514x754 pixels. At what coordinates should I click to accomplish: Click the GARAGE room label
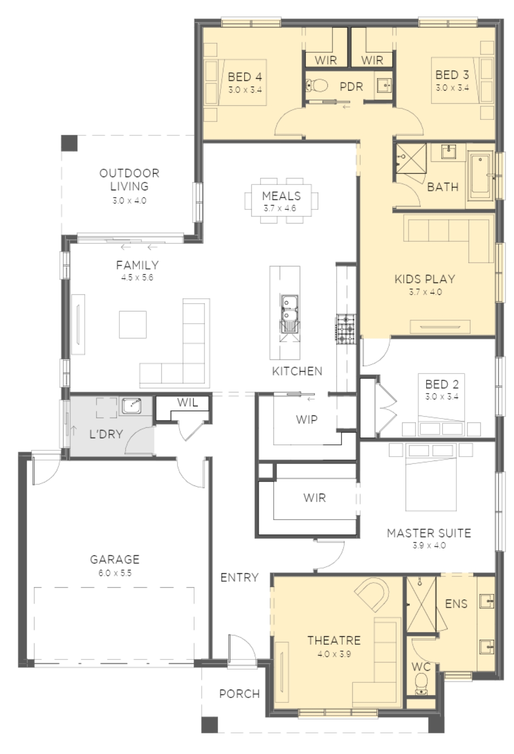click(115, 559)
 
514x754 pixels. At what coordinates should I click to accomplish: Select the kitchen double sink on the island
click(289, 308)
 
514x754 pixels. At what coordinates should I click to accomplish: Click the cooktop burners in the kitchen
click(346, 329)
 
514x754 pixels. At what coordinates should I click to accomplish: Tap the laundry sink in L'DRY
click(131, 406)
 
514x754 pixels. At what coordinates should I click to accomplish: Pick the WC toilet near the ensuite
click(421, 683)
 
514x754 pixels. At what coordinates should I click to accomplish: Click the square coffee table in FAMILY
click(133, 325)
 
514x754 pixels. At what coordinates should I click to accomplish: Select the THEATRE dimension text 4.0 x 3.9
click(334, 654)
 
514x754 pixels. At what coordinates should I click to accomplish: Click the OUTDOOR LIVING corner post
click(69, 143)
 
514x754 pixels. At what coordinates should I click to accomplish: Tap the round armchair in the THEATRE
click(373, 593)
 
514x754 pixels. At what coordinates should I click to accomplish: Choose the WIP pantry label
click(306, 419)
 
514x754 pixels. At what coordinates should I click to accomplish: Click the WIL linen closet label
click(187, 402)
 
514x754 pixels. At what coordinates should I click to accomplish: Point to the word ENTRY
click(240, 577)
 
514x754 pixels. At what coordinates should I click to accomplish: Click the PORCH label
click(240, 694)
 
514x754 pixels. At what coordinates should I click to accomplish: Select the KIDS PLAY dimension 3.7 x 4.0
click(425, 292)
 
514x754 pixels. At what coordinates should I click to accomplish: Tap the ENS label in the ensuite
click(456, 604)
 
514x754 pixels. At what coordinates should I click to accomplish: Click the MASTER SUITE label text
click(429, 533)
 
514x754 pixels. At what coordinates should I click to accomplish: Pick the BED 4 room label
click(245, 77)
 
